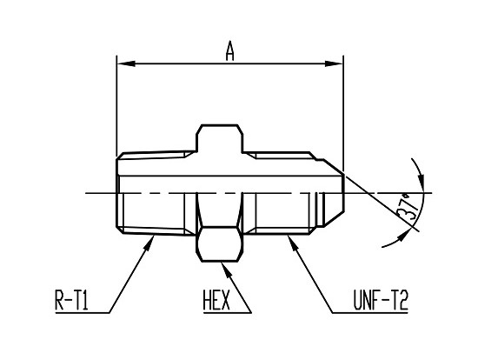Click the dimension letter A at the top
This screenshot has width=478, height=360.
click(230, 51)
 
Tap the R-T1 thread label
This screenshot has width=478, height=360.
click(71, 300)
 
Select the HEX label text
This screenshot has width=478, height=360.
click(216, 300)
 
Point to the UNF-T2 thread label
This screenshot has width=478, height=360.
click(381, 300)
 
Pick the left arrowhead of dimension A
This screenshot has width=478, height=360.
click(126, 63)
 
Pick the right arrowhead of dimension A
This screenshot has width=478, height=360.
click(334, 63)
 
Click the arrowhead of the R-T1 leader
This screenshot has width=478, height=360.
click(149, 243)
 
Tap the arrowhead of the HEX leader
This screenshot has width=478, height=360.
click(228, 270)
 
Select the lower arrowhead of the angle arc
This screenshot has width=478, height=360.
click(402, 237)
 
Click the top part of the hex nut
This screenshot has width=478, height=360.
click(220, 138)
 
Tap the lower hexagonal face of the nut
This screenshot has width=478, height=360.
click(220, 243)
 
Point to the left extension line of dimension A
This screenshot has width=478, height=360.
click(116, 106)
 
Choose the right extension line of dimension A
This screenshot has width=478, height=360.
click(343, 114)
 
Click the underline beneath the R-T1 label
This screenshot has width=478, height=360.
click(83, 313)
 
